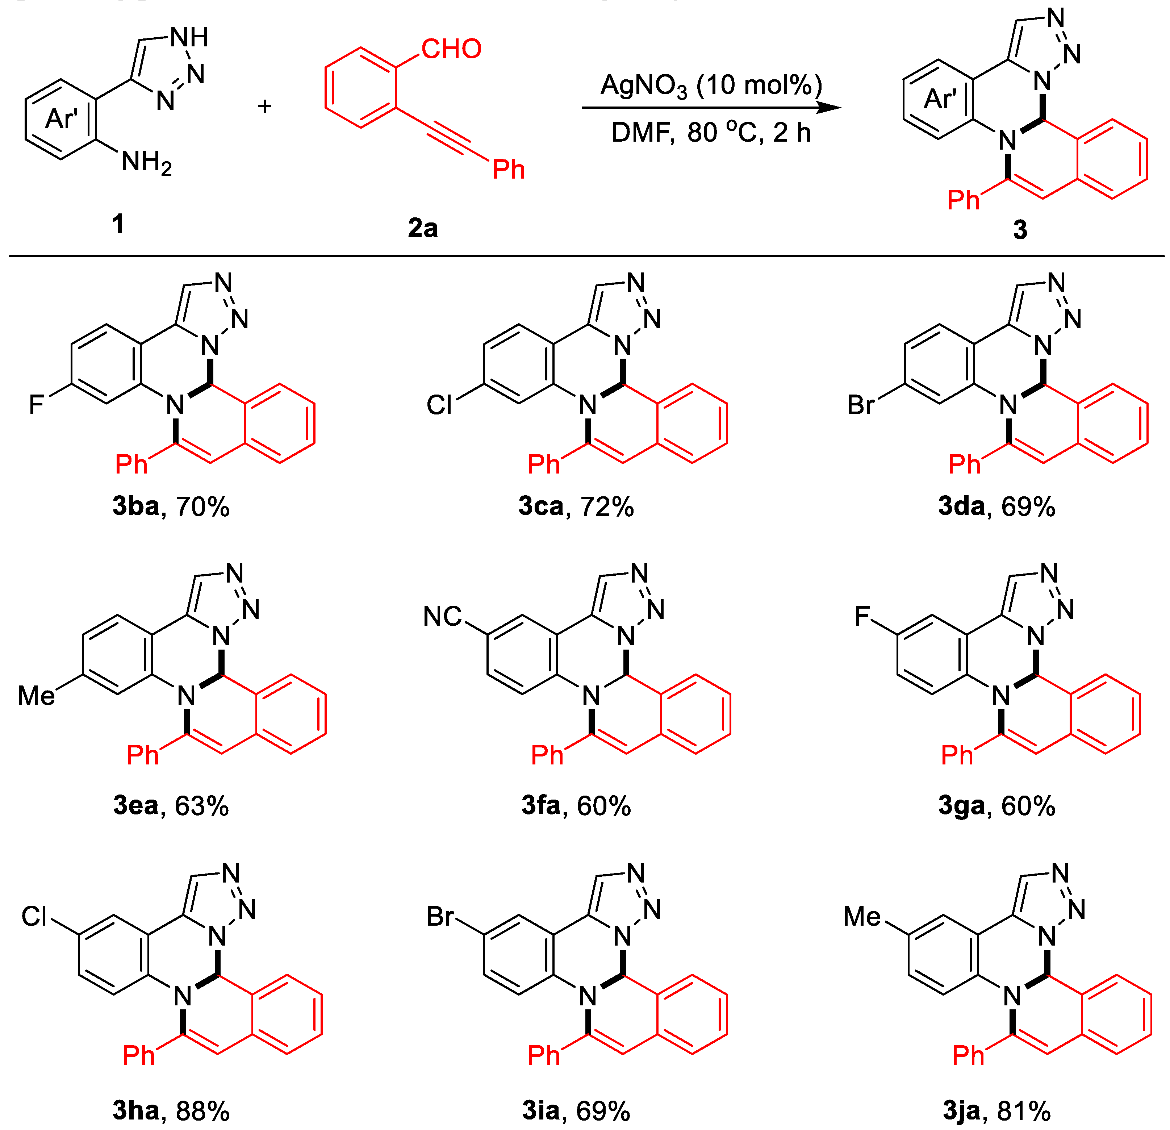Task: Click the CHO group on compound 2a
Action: (451, 49)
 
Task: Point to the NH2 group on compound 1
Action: (146, 162)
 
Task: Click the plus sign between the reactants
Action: (264, 106)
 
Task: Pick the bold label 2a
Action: (423, 228)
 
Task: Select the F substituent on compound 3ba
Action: (37, 405)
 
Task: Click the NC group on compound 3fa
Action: (442, 617)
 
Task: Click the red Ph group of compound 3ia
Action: (544, 1055)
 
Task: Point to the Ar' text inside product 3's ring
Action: (940, 99)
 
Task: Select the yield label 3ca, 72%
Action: (576, 506)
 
